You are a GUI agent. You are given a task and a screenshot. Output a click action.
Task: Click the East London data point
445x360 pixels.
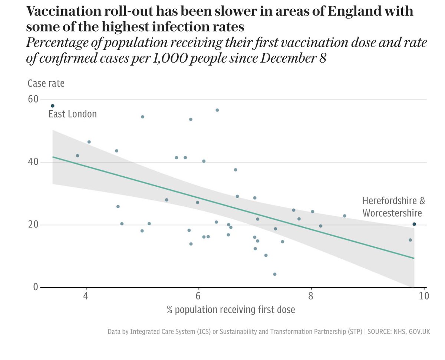click(53, 106)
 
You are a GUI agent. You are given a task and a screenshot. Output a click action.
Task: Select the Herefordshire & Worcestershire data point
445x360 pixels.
click(414, 224)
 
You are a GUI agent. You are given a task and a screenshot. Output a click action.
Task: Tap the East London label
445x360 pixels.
click(73, 114)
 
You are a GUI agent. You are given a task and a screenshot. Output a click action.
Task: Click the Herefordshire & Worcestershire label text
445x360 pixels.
click(393, 207)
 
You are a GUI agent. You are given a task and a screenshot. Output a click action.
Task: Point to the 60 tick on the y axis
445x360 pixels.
click(33, 99)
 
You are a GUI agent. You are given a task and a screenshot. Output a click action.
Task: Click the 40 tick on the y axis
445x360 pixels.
click(33, 162)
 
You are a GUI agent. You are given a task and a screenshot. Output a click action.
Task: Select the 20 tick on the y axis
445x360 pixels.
click(33, 225)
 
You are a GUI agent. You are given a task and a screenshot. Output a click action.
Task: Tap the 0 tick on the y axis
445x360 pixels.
click(36, 287)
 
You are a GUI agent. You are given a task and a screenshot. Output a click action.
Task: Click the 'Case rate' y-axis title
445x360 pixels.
click(46, 84)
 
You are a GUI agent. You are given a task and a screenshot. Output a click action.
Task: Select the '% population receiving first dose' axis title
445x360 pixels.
click(231, 310)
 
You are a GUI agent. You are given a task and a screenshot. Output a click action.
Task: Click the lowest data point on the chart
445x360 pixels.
click(275, 274)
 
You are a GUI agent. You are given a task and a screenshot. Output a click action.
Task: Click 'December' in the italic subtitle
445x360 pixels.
click(273, 59)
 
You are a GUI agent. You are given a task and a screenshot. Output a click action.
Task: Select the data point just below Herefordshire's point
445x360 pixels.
click(410, 240)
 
